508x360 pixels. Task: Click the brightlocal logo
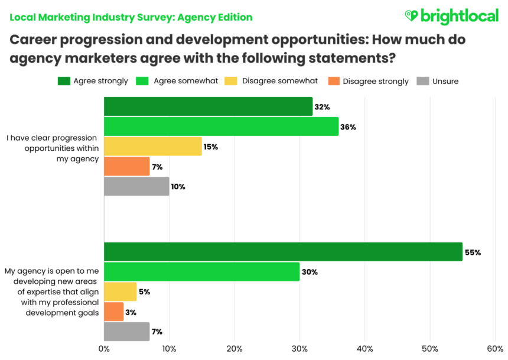coord(451,17)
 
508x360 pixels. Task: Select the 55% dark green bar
coord(283,252)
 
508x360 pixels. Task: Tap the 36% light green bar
coord(221,127)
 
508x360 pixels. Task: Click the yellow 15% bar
coord(152,147)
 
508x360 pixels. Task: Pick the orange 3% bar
coord(113,312)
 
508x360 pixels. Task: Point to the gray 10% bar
coord(136,186)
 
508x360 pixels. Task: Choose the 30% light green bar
coord(201,272)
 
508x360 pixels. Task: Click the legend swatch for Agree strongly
coord(64,81)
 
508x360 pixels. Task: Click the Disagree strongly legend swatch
coord(334,81)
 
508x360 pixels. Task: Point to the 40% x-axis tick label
coord(365,349)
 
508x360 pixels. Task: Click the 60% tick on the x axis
coord(495,349)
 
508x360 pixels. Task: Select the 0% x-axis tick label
coord(104,349)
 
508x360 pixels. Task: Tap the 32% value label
coord(322,107)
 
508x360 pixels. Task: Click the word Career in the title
coord(32,41)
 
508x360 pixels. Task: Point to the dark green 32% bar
coord(208,106)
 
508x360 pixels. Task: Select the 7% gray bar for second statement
coord(126,331)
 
